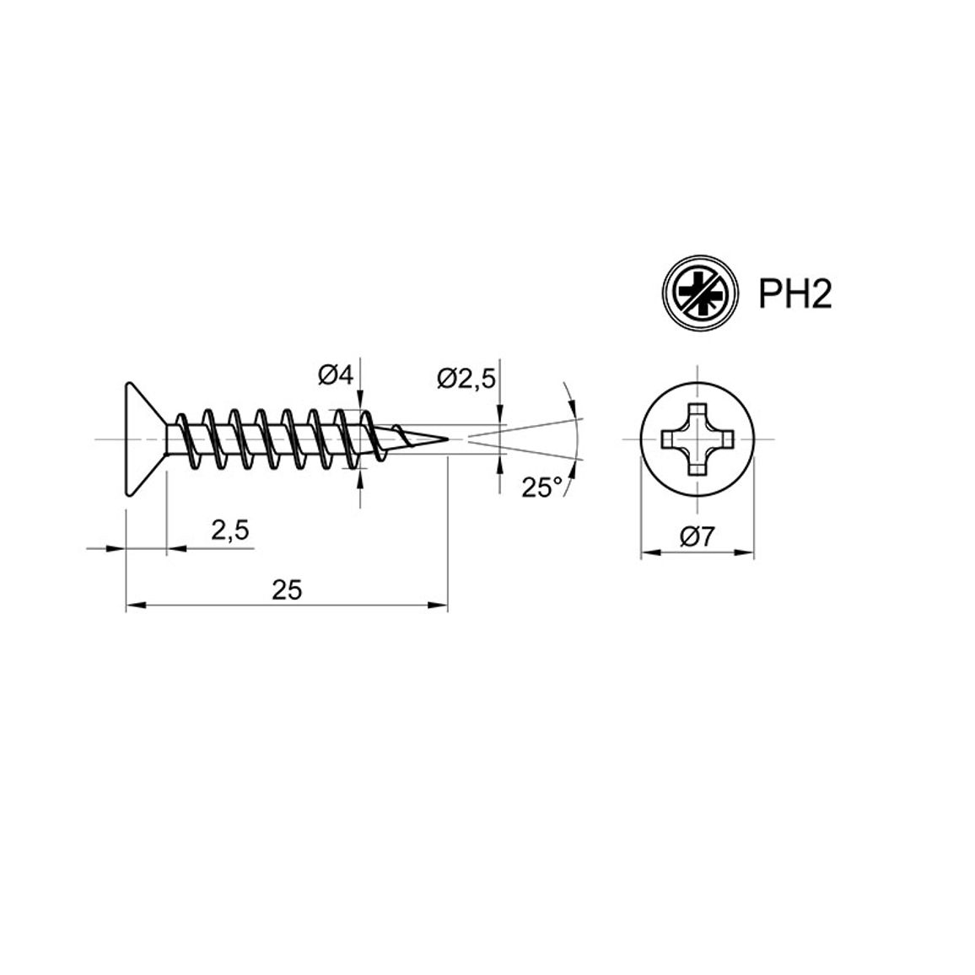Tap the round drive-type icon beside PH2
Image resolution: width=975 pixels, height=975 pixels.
tap(701, 293)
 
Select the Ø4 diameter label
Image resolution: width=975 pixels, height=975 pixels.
tap(335, 375)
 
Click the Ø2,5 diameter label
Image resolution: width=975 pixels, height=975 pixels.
tap(466, 378)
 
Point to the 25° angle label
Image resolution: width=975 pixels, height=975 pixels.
tap(541, 487)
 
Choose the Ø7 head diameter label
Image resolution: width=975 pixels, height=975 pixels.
tap(698, 536)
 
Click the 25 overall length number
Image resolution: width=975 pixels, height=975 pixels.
tap(287, 590)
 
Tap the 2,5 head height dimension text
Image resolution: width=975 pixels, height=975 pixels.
tap(230, 531)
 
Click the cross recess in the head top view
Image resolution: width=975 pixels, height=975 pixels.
tap(697, 439)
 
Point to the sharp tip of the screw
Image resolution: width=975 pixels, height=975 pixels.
tap(448, 439)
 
